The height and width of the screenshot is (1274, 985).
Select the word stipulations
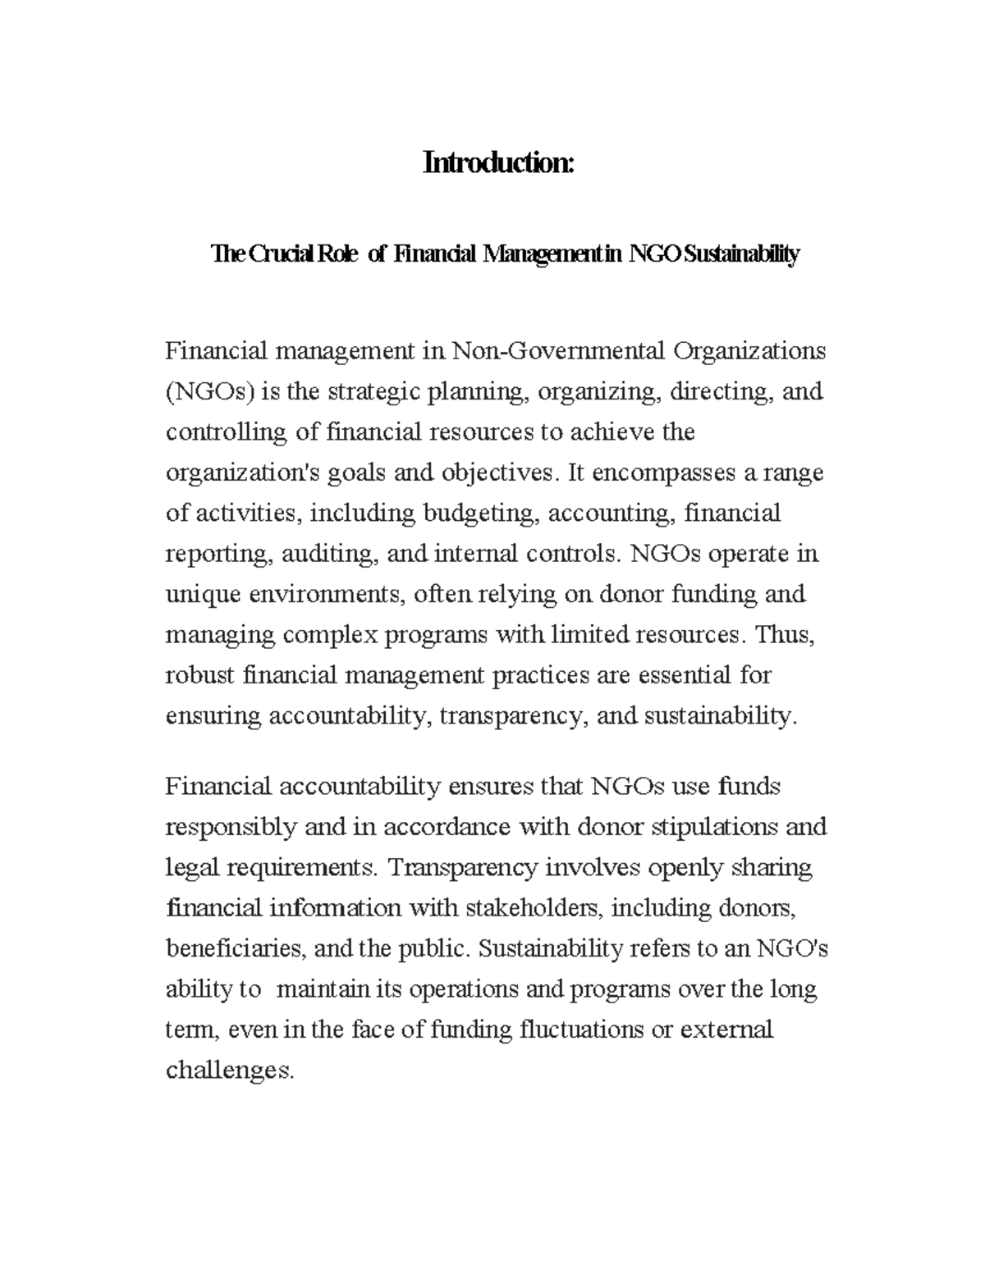714,826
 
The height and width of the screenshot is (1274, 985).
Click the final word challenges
228,1071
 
